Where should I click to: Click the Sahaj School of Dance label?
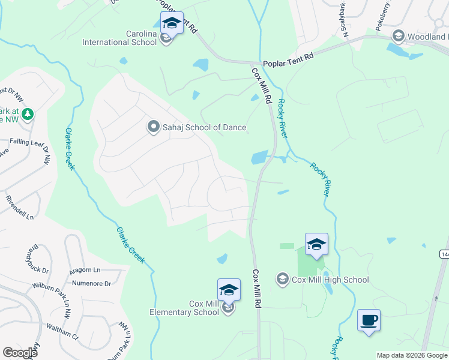coord(204,127)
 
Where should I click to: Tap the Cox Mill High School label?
coord(330,280)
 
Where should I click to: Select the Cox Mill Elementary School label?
coord(186,308)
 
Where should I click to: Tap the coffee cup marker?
coord(369,319)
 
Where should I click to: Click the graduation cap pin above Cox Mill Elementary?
coord(229,290)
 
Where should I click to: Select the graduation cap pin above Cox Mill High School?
coord(316,244)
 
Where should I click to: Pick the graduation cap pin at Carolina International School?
coord(172,23)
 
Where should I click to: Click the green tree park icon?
coord(26,113)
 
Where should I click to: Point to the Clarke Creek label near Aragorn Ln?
coord(130,244)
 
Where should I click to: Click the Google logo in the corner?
coord(20,353)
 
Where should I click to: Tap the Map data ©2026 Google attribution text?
coord(412,355)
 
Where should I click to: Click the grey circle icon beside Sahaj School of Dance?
coord(152,127)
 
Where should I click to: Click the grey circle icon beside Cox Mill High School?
coord(282,280)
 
